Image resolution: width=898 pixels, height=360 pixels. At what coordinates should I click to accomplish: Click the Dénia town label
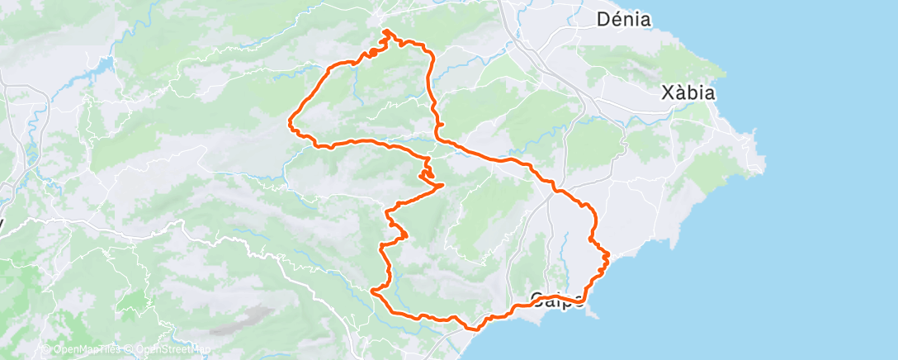click(x=623, y=19)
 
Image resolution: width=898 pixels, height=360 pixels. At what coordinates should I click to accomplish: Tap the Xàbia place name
click(x=688, y=92)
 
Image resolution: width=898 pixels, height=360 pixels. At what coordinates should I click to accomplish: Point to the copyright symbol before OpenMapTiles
click(x=48, y=350)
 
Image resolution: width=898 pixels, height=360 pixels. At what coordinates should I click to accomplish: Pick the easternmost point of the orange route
click(x=609, y=255)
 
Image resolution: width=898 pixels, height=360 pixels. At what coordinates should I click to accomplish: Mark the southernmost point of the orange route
click(x=473, y=329)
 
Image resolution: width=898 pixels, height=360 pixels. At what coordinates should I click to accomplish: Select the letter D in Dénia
click(x=603, y=19)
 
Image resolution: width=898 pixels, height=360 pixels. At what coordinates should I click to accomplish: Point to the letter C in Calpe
click(x=537, y=299)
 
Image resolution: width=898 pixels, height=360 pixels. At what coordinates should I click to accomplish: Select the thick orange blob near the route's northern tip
click(x=372, y=53)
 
